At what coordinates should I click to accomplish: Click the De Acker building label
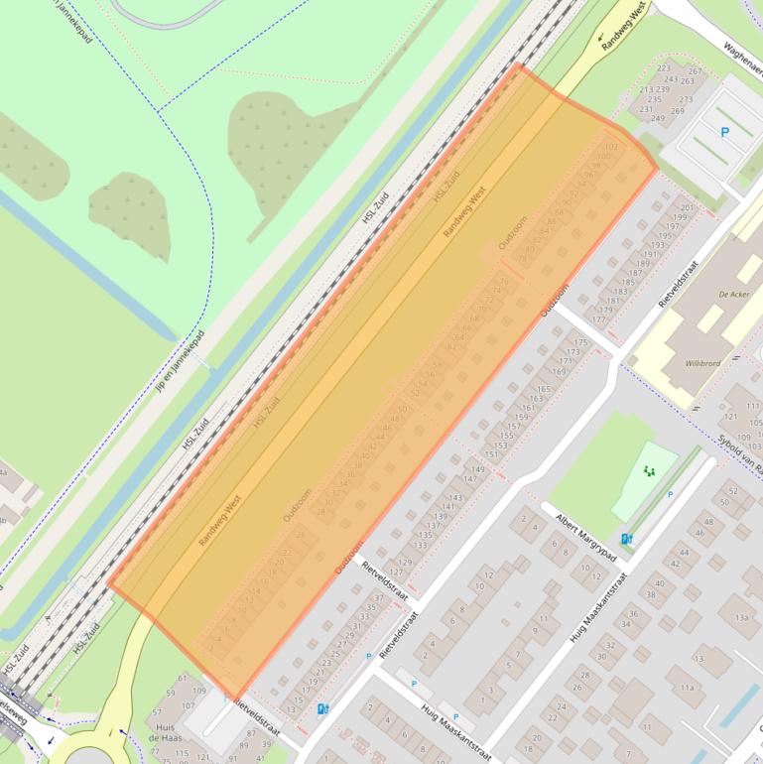733,295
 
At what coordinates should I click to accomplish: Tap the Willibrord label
702,363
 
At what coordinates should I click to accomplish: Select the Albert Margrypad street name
586,536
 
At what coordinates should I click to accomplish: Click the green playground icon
650,470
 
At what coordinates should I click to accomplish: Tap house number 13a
741,617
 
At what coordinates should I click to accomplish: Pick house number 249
657,119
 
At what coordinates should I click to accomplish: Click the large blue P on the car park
723,131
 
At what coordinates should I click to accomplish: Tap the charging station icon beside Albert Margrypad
626,540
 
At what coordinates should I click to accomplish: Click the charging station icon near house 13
321,709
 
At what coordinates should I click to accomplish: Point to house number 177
598,319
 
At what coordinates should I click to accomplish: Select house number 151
491,454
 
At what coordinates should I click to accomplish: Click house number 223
664,68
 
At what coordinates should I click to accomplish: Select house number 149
477,469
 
